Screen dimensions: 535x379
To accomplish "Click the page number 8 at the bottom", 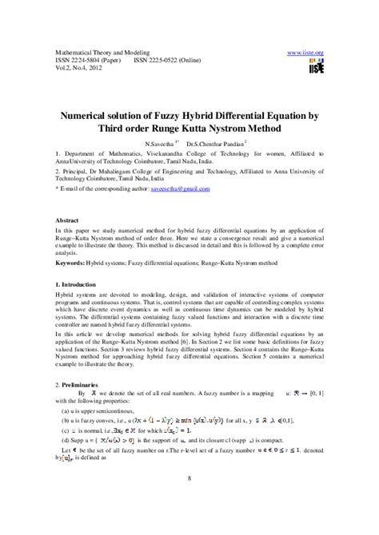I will click(x=189, y=501).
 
